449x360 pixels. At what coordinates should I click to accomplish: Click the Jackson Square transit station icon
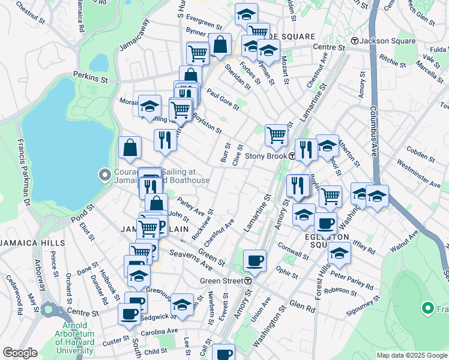pyautogui.click(x=355, y=41)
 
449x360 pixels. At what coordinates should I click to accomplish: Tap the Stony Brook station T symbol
pyautogui.click(x=292, y=156)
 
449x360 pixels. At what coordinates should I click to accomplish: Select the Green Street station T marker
pyautogui.click(x=247, y=280)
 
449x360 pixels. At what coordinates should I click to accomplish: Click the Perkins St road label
pyautogui.click(x=90, y=77)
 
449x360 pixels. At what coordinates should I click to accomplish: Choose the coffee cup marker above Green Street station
pyautogui.click(x=255, y=260)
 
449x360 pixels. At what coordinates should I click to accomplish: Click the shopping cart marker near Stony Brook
pyautogui.click(x=276, y=135)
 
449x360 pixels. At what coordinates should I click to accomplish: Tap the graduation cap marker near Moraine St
pyautogui.click(x=149, y=106)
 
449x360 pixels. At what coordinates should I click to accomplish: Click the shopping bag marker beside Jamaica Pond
pyautogui.click(x=130, y=147)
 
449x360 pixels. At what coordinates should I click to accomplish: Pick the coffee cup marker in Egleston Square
pyautogui.click(x=325, y=223)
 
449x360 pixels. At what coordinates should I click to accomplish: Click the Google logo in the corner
pyautogui.click(x=20, y=353)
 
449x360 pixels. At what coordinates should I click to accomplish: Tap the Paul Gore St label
pyautogui.click(x=222, y=99)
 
